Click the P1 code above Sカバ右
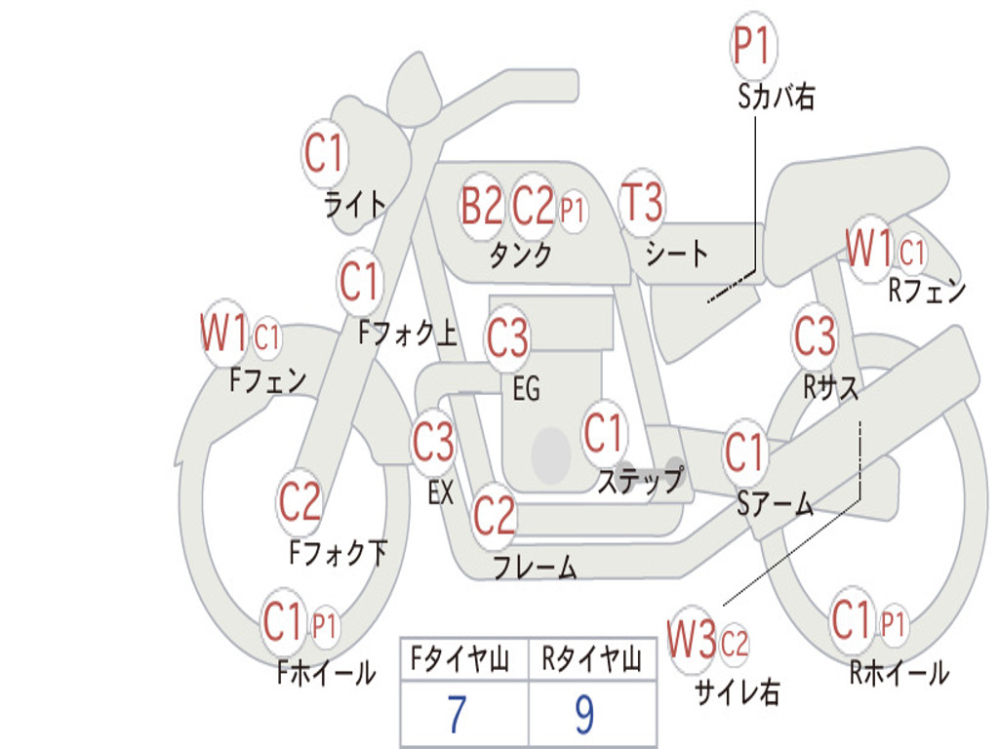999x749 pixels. pos(752,46)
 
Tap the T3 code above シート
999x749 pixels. pos(642,204)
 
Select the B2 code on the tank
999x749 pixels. pos(482,206)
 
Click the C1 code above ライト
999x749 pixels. pos(325,153)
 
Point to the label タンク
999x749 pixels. pos(520,256)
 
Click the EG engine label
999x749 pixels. pos(526,389)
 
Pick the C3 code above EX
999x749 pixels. pos(433,443)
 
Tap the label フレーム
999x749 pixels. pos(536,568)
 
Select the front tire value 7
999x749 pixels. pos(458,715)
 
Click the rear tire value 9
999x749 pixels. pos(584,715)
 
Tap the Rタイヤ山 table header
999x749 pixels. pos(591,661)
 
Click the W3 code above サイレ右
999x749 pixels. pos(692,641)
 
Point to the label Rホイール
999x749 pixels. pos(899,672)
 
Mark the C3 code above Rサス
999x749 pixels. pos(814,336)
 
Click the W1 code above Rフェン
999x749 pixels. pos(869,250)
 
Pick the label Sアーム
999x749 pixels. pos(775,503)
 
